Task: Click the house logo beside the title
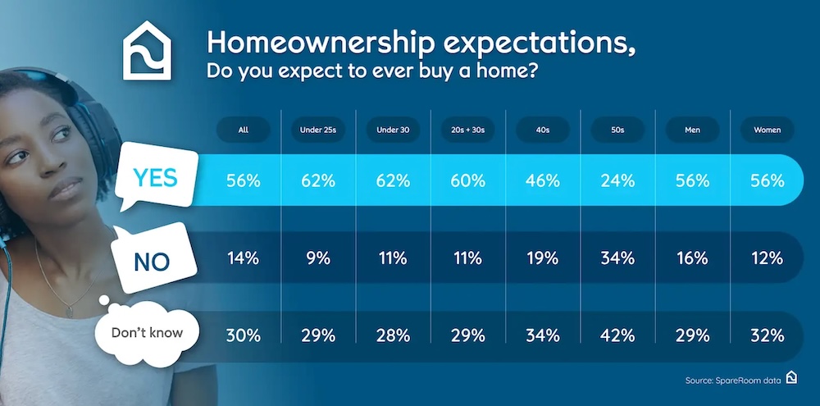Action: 147,51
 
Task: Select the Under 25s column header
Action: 318,130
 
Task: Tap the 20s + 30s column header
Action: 467,130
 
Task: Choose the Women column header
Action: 768,130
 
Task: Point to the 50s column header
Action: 617,130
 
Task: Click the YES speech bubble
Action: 157,177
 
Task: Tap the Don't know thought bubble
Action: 147,332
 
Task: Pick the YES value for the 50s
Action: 617,180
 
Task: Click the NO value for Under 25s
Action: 318,258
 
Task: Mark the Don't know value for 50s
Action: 617,335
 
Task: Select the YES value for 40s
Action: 543,180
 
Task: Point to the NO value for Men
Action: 692,258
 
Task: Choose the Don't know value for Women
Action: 768,335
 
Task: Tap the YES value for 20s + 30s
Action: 467,180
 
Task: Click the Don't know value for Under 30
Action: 393,335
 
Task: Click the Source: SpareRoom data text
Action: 733,381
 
